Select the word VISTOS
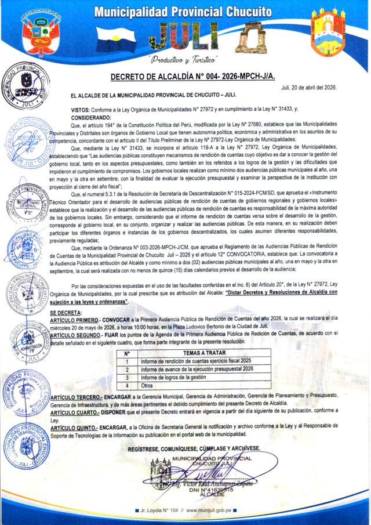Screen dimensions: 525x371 80,110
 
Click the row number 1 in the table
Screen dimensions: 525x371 127,360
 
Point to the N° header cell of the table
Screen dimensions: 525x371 127,352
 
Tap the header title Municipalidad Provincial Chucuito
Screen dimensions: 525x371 184,12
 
